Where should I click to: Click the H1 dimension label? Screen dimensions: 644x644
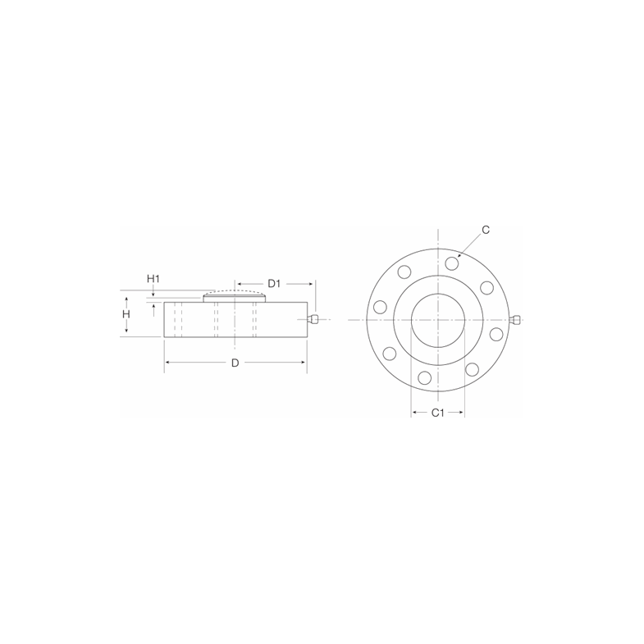tap(153, 279)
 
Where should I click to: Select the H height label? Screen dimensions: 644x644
tap(126, 314)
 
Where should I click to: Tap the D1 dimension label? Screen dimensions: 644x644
tap(275, 283)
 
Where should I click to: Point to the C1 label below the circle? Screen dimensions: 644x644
tap(437, 412)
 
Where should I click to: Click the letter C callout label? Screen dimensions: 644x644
tap(486, 231)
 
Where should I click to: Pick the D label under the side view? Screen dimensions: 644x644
tap(235, 363)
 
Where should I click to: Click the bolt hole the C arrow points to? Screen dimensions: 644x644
tap(452, 263)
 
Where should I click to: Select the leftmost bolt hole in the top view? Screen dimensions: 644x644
tap(379, 307)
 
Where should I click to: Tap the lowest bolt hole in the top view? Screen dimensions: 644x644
tap(424, 377)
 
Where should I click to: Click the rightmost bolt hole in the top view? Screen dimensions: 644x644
tap(496, 335)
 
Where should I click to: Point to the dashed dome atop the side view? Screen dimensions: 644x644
tap(235, 292)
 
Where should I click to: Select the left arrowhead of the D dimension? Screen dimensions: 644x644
tap(167, 363)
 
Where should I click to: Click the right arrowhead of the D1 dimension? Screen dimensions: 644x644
tap(313, 283)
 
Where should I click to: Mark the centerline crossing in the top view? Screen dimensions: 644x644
tap(438, 319)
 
